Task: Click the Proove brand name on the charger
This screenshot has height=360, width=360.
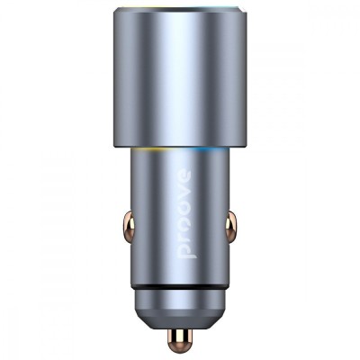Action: [187, 215]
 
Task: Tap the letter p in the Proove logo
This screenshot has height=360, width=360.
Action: [187, 251]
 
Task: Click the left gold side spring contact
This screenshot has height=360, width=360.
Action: [130, 226]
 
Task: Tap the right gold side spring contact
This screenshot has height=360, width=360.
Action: [230, 226]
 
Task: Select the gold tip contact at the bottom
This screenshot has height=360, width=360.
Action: [180, 338]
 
